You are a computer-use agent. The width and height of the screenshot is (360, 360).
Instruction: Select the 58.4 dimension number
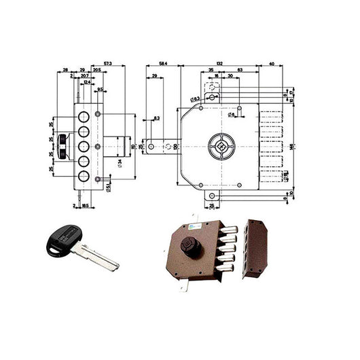162,62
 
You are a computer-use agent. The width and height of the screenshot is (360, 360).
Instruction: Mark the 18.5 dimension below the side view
84,204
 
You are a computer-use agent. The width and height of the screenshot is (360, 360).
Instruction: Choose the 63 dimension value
241,71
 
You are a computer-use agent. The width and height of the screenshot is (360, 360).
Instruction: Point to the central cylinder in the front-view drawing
219,145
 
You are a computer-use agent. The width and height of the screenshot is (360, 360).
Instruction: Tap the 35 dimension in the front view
211,71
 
